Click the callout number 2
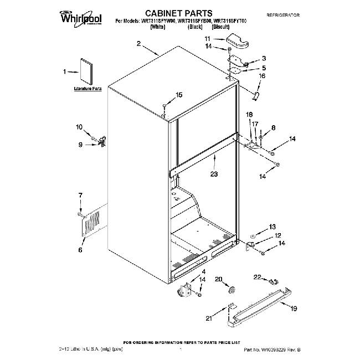pos(138,44)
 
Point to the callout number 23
pos(213,173)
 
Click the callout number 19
pos(294,308)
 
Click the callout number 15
pos(178,95)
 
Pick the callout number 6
pos(80,250)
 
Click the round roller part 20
pos(231,290)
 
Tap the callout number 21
pos(208,318)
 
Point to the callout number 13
pos(271,226)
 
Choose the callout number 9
pos(80,145)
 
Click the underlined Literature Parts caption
pos(88,89)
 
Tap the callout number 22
pos(257,276)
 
